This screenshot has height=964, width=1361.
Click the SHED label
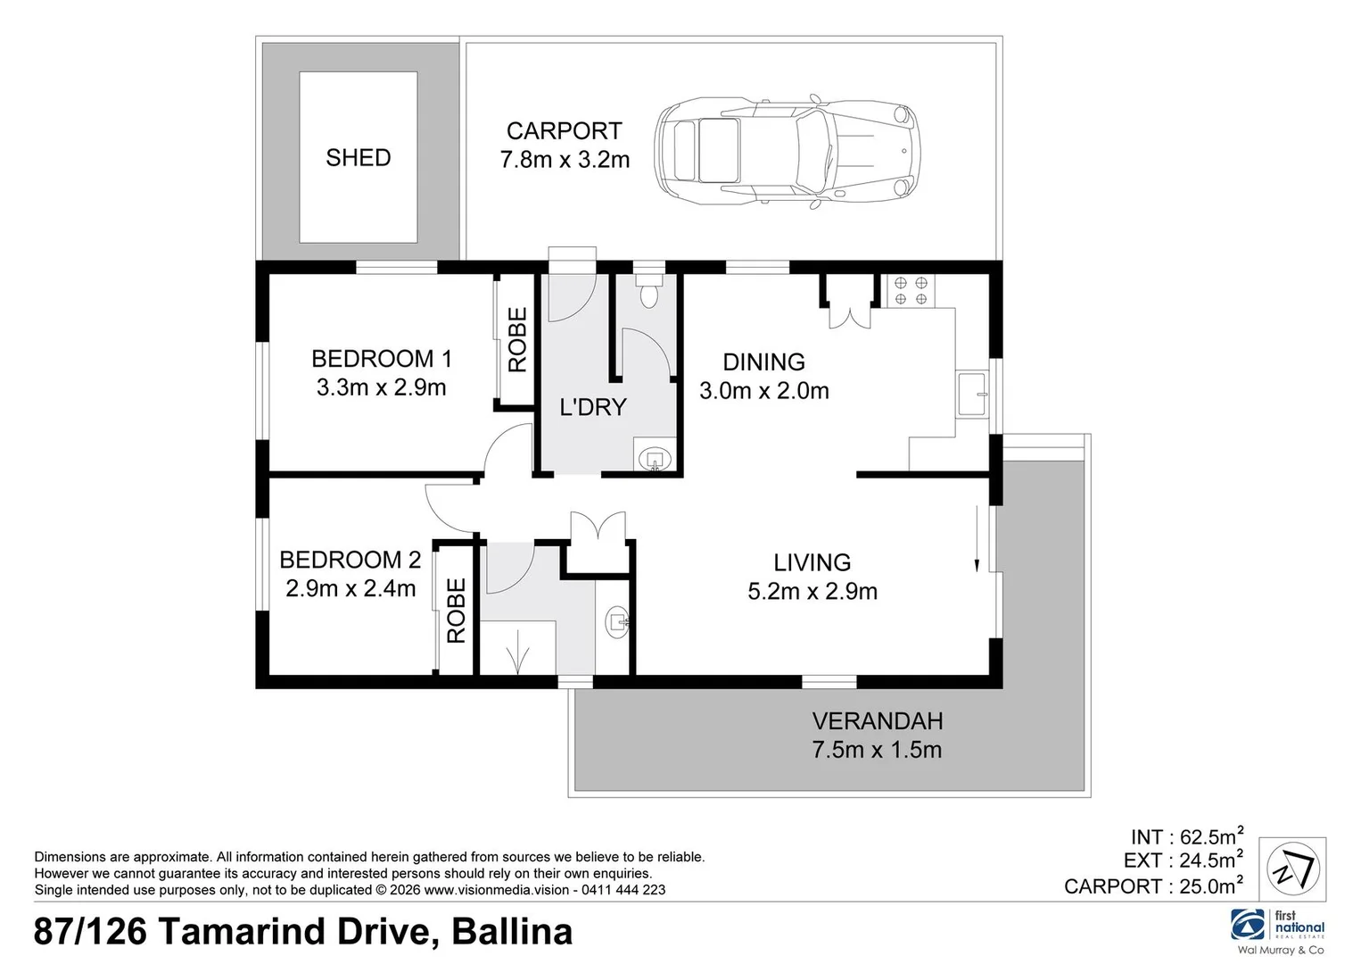pyautogui.click(x=358, y=158)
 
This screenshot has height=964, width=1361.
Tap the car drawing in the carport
pyautogui.click(x=787, y=152)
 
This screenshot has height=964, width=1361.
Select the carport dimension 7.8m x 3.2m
pyautogui.click(x=565, y=160)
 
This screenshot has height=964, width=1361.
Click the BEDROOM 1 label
pyautogui.click(x=382, y=359)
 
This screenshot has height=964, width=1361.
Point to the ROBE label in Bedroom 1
pyautogui.click(x=517, y=340)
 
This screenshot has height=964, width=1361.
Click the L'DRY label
pyautogui.click(x=592, y=408)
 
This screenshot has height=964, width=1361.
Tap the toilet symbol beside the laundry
pyautogui.click(x=649, y=291)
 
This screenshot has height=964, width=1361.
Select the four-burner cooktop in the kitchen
pyautogui.click(x=911, y=291)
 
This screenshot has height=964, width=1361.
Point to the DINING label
pyautogui.click(x=763, y=362)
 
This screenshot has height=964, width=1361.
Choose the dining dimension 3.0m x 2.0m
pyautogui.click(x=763, y=391)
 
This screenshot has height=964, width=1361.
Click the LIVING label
pyautogui.click(x=812, y=563)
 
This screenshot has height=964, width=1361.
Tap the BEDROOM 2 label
pyautogui.click(x=350, y=561)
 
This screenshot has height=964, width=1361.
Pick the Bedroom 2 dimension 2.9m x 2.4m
pyautogui.click(x=351, y=589)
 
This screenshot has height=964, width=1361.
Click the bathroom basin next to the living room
pyautogui.click(x=617, y=621)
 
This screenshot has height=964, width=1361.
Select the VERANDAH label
pyautogui.click(x=878, y=721)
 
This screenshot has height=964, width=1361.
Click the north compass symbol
pyautogui.click(x=1293, y=869)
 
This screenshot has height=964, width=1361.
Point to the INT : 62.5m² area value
pyautogui.click(x=1187, y=836)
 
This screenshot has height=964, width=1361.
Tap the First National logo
pyautogui.click(x=1277, y=932)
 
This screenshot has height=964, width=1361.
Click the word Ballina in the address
pyautogui.click(x=512, y=932)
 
